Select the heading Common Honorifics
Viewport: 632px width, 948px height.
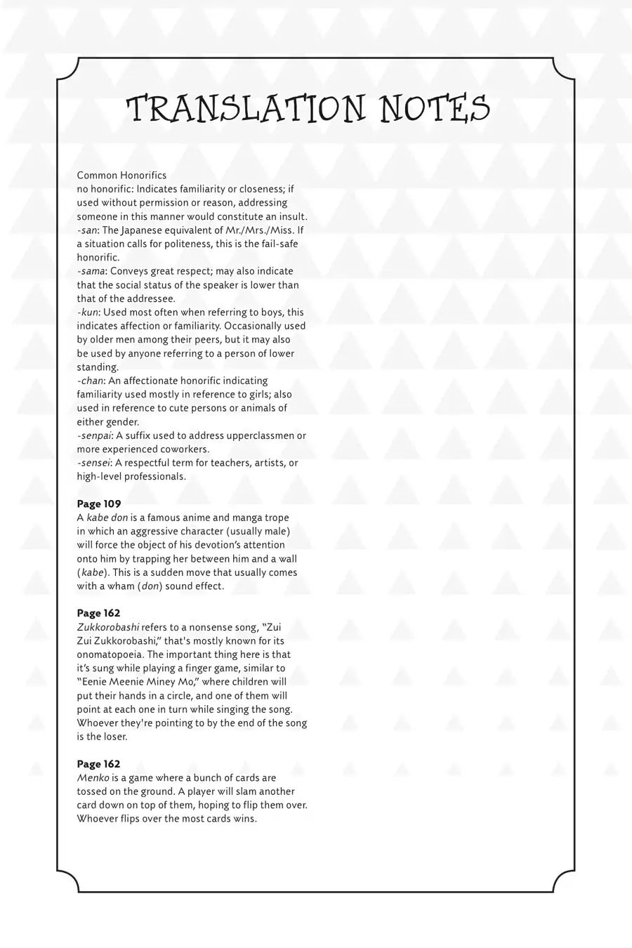click(x=121, y=175)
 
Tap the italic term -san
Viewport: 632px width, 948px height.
click(x=87, y=230)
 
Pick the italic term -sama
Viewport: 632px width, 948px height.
click(x=91, y=271)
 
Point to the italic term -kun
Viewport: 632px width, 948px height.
click(x=88, y=312)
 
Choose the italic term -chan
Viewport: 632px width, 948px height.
click(x=91, y=381)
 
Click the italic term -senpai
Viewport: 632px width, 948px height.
click(x=95, y=436)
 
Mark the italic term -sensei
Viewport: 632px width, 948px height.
click(x=93, y=463)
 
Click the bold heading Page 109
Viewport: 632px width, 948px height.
click(x=99, y=504)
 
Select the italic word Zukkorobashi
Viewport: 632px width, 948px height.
click(x=108, y=628)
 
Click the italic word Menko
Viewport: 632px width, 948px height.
click(x=91, y=778)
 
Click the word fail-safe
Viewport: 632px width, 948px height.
click(x=282, y=244)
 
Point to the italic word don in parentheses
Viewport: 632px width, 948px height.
click(x=150, y=586)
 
